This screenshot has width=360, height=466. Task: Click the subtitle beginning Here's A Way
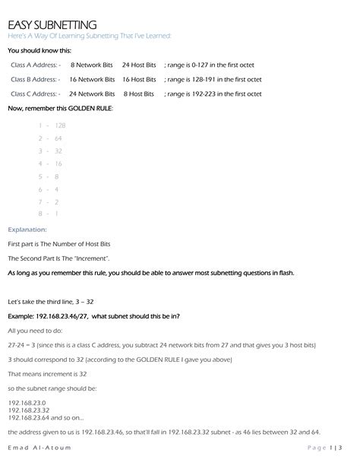click(x=89, y=36)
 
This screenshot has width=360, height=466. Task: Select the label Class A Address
click(x=36, y=65)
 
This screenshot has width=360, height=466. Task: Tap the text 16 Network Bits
click(x=92, y=79)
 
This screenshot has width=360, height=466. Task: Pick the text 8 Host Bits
click(x=139, y=94)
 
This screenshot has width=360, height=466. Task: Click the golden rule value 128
click(x=61, y=125)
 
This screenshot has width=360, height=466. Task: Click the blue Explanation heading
click(x=27, y=229)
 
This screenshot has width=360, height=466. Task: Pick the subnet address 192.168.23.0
click(x=27, y=401)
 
